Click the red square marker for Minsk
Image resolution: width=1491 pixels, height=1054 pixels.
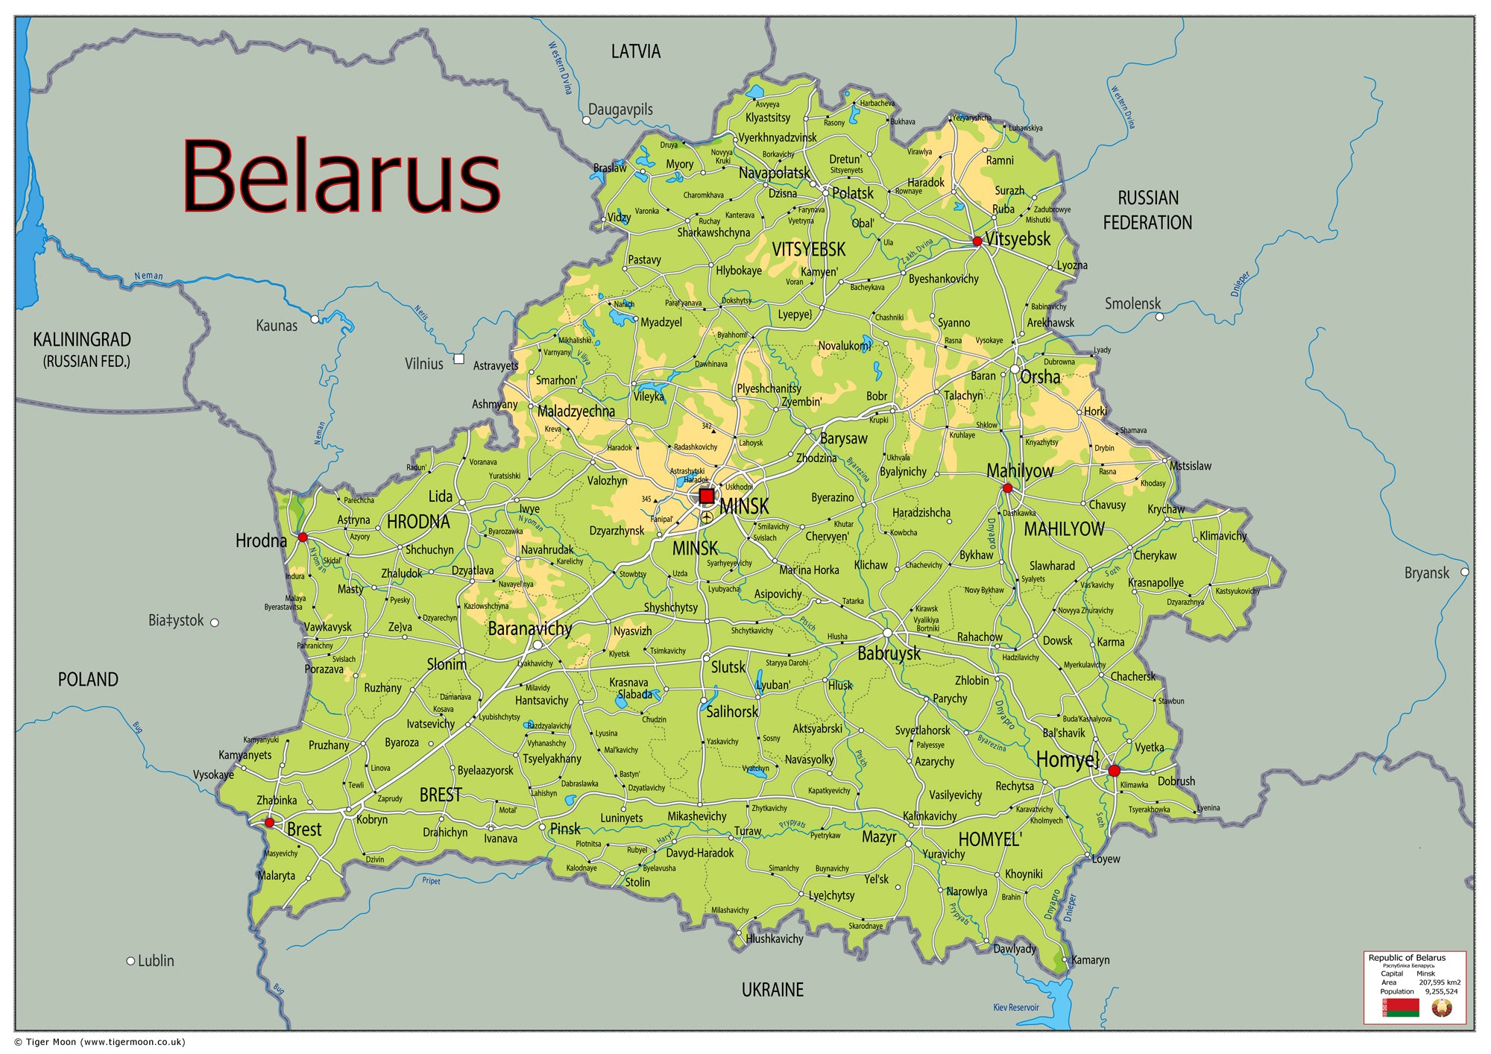click(x=706, y=496)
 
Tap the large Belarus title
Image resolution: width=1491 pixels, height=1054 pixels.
click(x=341, y=177)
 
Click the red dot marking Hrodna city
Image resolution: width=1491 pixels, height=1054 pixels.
click(x=303, y=537)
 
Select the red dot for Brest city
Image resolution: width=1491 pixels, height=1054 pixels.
click(x=270, y=823)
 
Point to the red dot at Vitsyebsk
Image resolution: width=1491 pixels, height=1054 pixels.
click(x=977, y=242)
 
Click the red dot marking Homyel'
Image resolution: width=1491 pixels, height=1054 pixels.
click(x=1114, y=771)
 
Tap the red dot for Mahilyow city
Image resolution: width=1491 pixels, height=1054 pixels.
click(x=1007, y=488)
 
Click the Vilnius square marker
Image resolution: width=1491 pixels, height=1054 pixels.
click(x=459, y=359)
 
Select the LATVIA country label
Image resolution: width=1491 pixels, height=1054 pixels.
click(x=635, y=51)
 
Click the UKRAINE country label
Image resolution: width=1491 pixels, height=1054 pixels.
click(x=772, y=990)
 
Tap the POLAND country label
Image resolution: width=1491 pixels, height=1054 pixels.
click(x=88, y=679)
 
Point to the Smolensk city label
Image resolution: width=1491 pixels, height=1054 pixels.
click(x=1132, y=303)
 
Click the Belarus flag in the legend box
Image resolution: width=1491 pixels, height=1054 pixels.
click(x=1400, y=1008)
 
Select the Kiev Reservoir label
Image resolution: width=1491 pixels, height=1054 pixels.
click(x=1015, y=1007)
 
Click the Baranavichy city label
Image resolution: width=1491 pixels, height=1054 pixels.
click(x=529, y=628)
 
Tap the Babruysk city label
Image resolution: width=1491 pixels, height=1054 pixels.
click(x=889, y=654)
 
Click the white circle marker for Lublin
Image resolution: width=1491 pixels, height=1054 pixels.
click(x=130, y=961)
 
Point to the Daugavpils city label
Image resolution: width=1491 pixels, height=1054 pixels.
click(x=620, y=110)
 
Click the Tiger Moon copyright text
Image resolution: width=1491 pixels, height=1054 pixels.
click(x=100, y=1042)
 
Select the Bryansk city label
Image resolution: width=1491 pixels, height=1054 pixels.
click(x=1426, y=572)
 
